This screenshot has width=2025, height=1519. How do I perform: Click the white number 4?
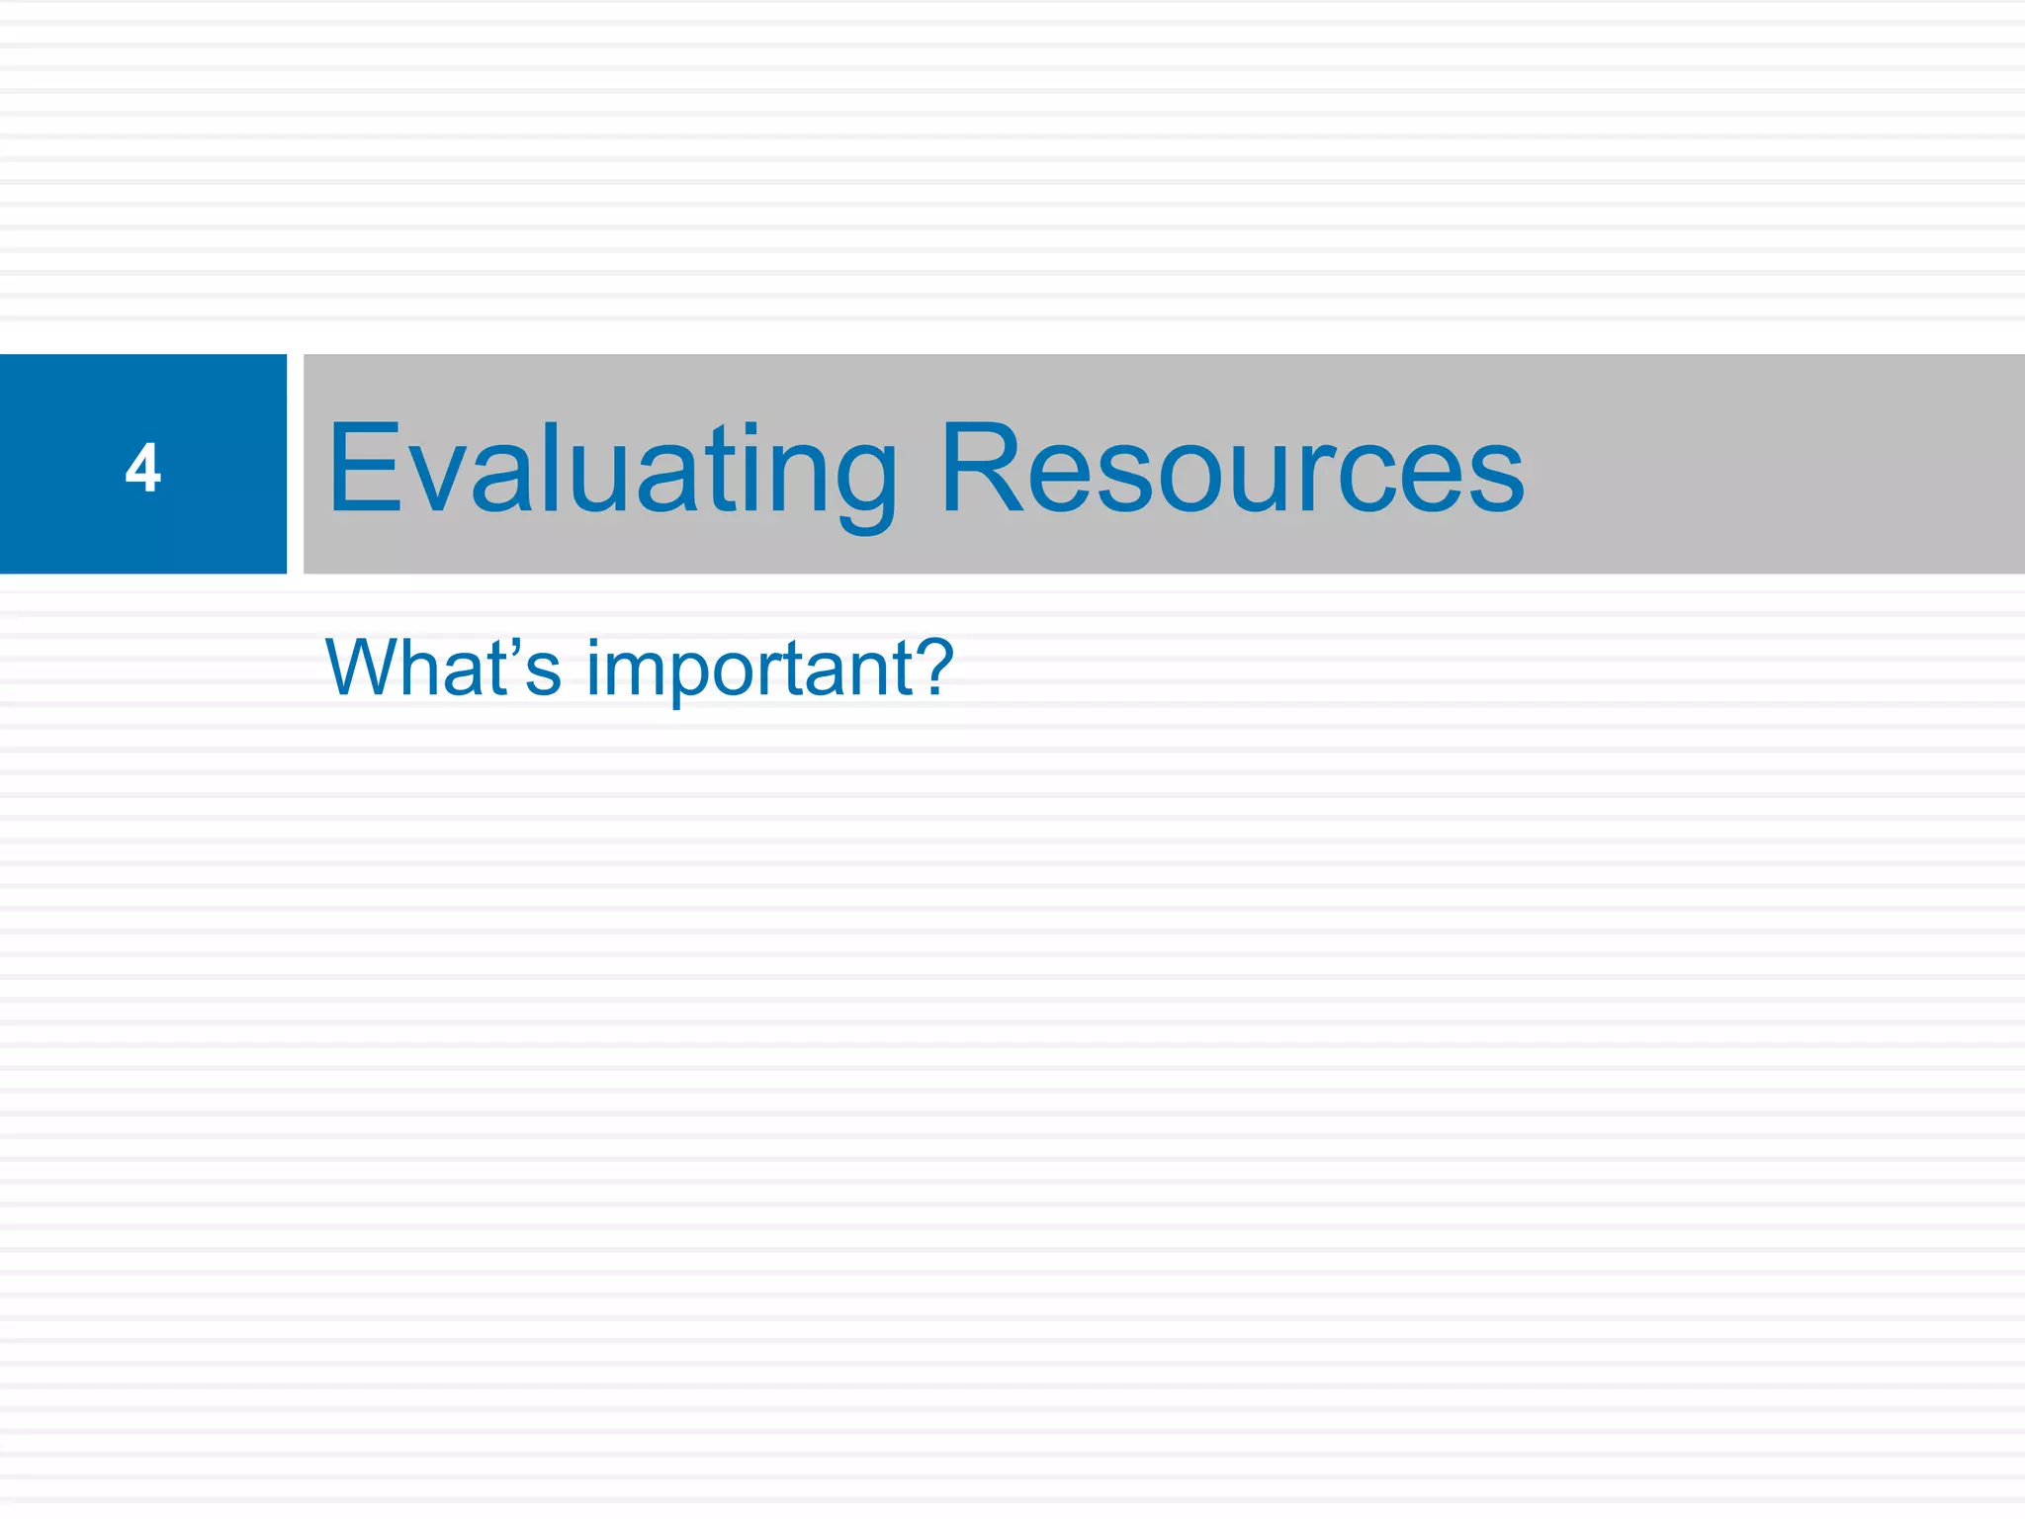click(x=143, y=468)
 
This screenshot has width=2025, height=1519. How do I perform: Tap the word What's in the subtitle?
click(x=443, y=668)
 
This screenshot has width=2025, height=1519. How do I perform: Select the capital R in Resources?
click(x=979, y=468)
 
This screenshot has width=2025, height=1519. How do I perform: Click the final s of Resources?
click(x=1494, y=480)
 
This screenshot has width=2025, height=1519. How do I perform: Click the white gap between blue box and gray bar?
click(x=296, y=464)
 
